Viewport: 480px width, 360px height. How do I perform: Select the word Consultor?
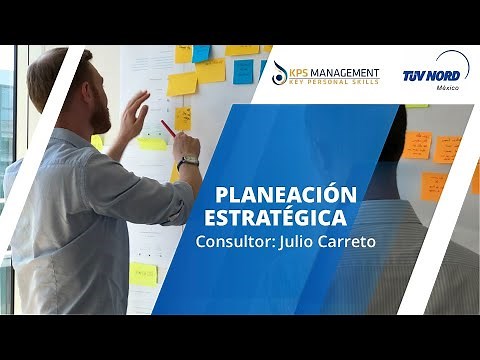click(x=230, y=242)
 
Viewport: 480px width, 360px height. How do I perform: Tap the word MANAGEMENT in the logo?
click(x=346, y=72)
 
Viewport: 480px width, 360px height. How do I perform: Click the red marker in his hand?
click(x=168, y=128)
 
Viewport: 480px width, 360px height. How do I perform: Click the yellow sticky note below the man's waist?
click(x=144, y=274)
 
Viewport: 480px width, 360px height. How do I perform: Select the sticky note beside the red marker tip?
click(x=183, y=119)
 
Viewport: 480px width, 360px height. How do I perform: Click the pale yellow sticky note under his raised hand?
click(x=151, y=143)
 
